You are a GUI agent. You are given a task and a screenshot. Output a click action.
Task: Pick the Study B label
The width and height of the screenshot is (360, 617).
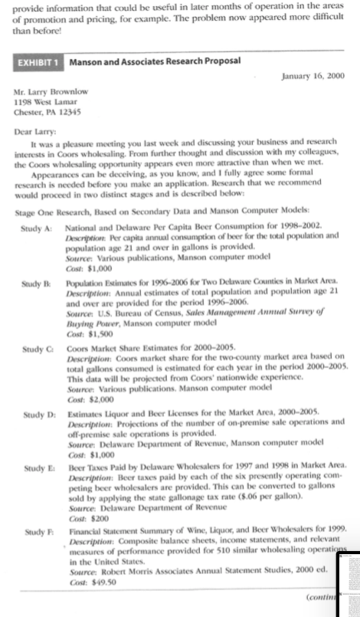coord(37,285)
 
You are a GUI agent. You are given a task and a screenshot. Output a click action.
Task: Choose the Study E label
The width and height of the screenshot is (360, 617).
coord(37,465)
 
